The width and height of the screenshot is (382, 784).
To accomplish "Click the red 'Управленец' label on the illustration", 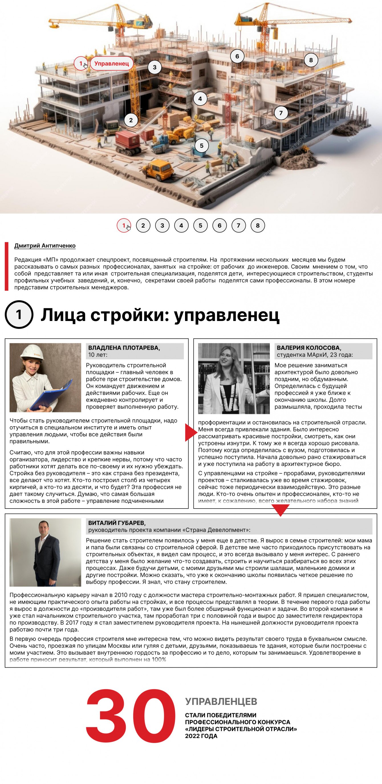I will [111, 64].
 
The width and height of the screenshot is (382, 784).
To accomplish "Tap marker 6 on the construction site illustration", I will [237, 56].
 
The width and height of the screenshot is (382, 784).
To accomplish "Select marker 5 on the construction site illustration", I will [201, 146].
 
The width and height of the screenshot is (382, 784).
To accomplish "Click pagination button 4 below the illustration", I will [181, 225].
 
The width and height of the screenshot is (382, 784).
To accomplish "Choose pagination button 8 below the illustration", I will [258, 225].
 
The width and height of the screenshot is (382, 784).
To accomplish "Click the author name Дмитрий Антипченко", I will [45, 246].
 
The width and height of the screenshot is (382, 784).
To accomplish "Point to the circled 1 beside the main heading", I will [19, 314].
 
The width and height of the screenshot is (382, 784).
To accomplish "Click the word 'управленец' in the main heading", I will [227, 315].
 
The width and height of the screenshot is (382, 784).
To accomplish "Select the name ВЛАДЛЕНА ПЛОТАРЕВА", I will [124, 348].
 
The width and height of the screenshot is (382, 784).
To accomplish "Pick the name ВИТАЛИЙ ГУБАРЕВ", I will [117, 523].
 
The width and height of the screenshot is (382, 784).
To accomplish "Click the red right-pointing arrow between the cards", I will [190, 432].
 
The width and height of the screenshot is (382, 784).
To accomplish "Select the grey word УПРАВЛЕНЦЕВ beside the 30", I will [221, 701].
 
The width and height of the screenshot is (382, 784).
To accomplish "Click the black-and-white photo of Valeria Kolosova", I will [234, 378].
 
